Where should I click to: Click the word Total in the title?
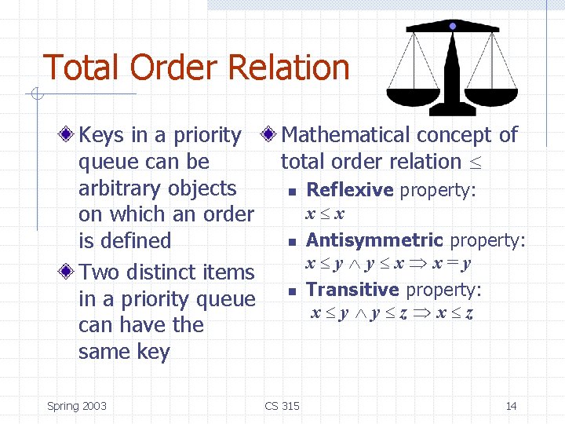82,68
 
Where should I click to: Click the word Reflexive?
349,190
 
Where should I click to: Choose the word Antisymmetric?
374,240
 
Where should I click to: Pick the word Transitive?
352,290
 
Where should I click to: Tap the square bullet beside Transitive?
290,291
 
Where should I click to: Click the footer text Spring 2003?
76,406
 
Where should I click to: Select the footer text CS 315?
282,406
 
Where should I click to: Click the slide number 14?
511,406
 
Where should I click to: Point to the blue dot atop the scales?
453,26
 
